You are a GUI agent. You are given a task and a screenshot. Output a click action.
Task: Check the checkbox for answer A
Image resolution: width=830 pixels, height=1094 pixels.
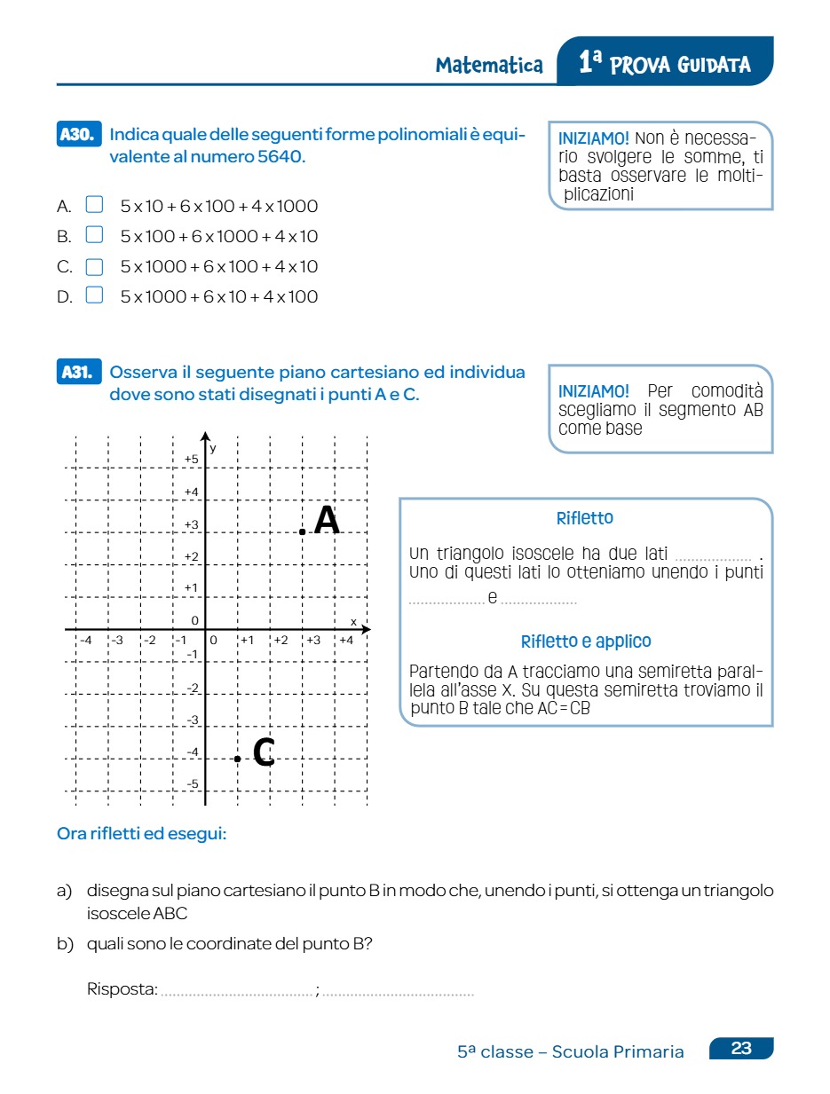94,206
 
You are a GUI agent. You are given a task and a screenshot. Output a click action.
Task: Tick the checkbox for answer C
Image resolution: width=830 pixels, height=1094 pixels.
94,266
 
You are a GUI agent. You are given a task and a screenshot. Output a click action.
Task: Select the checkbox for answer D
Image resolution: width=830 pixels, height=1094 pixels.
94,295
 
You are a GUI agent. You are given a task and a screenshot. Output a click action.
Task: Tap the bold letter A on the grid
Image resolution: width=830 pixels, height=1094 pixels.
327,521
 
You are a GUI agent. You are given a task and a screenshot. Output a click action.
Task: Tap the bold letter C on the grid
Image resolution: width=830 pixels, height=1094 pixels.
264,752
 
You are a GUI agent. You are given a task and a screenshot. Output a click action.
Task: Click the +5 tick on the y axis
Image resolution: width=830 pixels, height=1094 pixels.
191,459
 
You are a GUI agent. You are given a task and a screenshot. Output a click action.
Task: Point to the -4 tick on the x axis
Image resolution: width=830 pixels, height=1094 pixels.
85,640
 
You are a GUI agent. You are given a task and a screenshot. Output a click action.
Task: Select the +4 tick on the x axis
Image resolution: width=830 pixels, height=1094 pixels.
345,640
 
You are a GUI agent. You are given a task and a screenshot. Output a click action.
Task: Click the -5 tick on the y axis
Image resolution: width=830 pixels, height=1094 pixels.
192,784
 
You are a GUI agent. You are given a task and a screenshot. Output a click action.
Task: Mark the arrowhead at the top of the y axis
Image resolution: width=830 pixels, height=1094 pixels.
205,437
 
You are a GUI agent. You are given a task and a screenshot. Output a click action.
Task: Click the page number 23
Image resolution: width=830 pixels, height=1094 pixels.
741,1049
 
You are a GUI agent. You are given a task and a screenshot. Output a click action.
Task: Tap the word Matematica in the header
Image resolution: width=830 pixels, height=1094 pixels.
489,66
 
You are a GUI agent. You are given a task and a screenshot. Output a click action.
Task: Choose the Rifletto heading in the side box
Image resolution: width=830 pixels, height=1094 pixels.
584,518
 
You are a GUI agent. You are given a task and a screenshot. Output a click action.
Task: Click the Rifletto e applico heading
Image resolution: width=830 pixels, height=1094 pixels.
586,641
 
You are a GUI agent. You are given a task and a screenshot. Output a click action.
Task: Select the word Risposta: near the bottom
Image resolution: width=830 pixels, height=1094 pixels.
123,989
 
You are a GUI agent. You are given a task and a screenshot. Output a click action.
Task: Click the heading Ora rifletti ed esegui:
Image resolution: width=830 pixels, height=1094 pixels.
142,834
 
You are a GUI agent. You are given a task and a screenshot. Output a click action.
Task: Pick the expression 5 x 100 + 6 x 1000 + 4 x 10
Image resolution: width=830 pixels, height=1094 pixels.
219,237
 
